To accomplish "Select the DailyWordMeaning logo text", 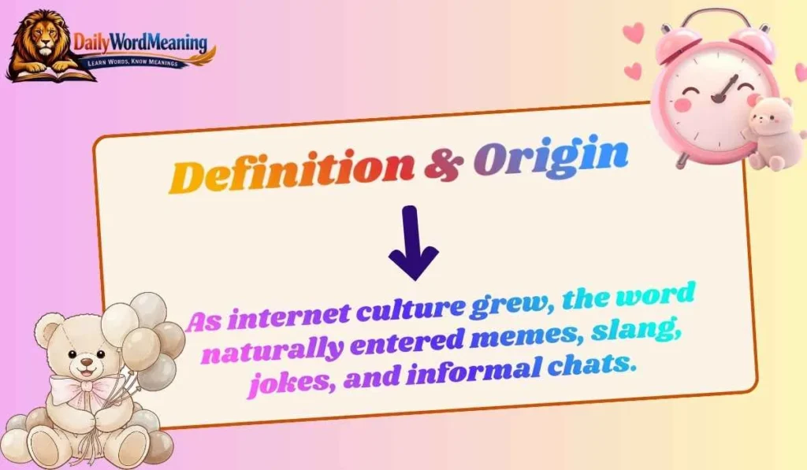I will (x=140, y=42).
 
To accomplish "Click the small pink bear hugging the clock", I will (x=768, y=130).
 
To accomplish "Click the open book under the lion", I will (x=51, y=75).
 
